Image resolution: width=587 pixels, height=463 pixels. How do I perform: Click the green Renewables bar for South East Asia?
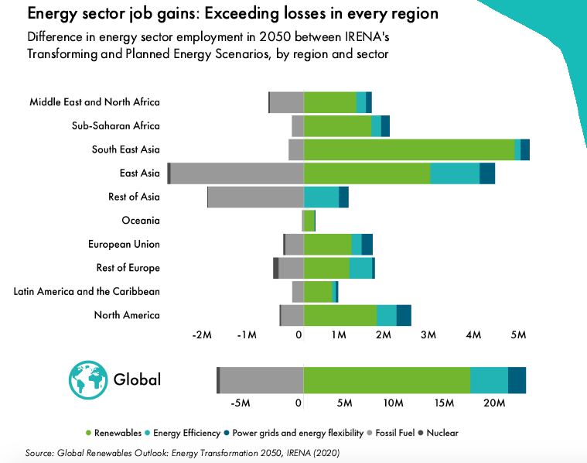tap(409, 149)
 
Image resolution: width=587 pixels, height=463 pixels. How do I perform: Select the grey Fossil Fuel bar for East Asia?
tap(237, 173)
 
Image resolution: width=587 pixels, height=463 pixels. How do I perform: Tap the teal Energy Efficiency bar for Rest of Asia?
tap(321, 197)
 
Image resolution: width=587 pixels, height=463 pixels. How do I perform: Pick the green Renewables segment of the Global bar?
tap(387, 379)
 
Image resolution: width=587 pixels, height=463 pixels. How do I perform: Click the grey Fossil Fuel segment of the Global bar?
tap(261, 379)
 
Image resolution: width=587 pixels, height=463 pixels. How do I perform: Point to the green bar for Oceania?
tap(309, 221)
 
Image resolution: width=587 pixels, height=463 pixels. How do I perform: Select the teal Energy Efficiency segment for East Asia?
tap(455, 173)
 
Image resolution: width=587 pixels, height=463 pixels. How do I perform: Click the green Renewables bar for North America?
tap(340, 315)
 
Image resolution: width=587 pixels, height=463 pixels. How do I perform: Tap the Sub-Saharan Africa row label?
tap(116, 126)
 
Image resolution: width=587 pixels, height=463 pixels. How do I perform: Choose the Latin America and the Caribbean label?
tap(87, 292)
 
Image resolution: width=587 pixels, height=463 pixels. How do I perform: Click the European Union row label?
tap(125, 245)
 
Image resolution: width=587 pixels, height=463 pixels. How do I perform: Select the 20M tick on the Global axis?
tap(494, 403)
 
